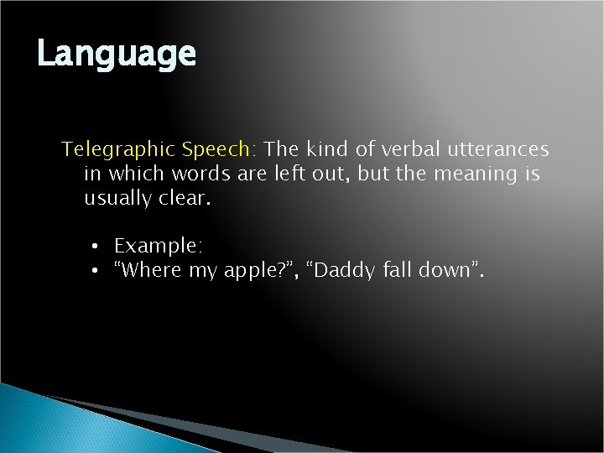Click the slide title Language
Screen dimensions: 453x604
tap(117, 55)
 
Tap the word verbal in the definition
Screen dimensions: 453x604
tap(401, 150)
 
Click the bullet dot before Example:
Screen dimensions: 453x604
tap(97, 247)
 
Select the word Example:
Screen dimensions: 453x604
tap(159, 247)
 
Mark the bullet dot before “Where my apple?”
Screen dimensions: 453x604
tap(97, 270)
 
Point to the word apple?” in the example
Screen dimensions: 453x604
tap(249, 271)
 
